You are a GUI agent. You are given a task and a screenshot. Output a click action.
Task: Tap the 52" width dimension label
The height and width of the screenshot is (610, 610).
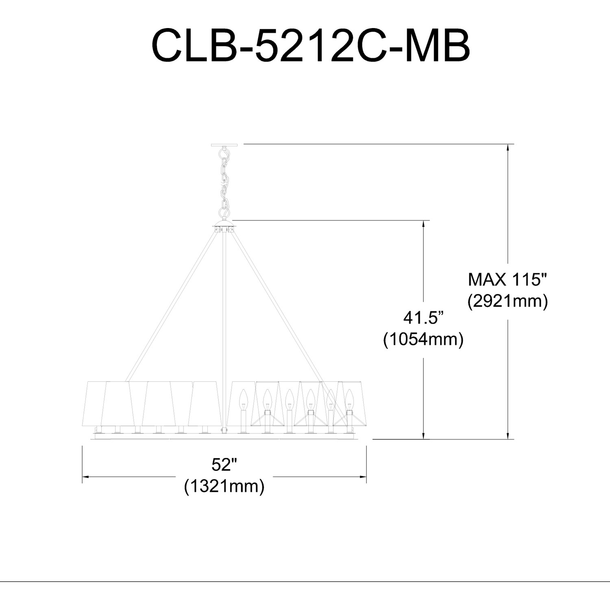point(224,464)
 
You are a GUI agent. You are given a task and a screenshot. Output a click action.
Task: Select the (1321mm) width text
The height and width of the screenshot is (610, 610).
point(224,486)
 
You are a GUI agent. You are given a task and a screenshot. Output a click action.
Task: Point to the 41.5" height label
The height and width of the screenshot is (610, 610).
point(423,317)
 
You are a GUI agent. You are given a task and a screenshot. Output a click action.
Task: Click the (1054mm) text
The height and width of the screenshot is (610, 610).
point(423,339)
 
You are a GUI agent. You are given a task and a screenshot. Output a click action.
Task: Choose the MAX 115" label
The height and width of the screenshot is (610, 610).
point(508,280)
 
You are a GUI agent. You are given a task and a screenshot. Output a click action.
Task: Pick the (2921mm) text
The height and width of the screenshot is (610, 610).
point(508,301)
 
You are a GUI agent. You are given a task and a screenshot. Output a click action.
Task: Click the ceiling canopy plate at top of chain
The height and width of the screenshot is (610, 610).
point(224,145)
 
